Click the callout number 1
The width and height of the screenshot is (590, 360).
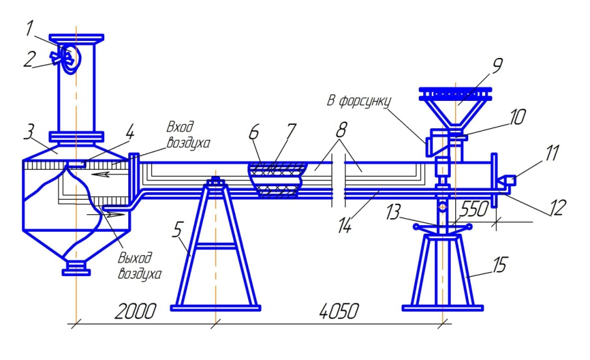30,29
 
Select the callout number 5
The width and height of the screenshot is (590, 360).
178,229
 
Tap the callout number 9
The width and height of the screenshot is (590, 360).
497,66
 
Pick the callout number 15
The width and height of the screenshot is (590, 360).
499,265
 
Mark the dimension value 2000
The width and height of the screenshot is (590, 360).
135,311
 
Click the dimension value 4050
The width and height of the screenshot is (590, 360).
339,311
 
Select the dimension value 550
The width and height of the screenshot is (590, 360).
473,209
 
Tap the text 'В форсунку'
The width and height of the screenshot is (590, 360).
359,101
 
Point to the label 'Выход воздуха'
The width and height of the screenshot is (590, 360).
139,266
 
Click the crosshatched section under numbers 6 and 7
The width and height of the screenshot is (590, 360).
277,180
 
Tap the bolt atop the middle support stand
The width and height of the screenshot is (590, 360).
216,180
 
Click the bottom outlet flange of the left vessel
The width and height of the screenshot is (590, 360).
76,268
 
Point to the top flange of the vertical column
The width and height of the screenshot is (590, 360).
76,38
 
